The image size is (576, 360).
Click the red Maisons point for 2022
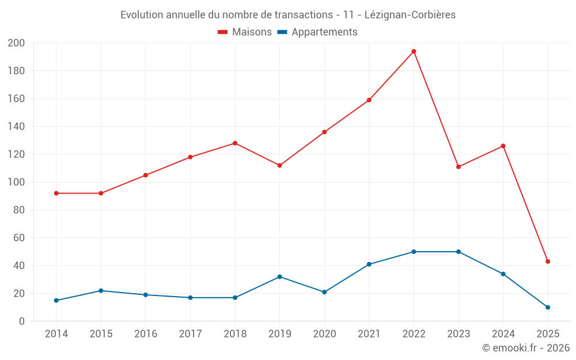(414, 51)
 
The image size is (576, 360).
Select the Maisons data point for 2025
(548, 262)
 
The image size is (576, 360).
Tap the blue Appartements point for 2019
(279, 277)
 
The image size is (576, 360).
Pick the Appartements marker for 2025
(548, 307)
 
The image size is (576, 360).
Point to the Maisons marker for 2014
(56, 194)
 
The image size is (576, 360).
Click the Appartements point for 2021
(369, 264)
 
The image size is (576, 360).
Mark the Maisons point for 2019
(279, 165)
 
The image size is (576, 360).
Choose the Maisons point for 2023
(458, 167)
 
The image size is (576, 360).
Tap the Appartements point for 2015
(101, 291)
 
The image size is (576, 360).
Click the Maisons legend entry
(245, 32)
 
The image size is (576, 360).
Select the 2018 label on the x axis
(235, 334)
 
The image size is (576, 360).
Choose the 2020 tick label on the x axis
(324, 334)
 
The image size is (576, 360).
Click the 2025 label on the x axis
(548, 334)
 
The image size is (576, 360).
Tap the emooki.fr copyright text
(526, 348)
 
